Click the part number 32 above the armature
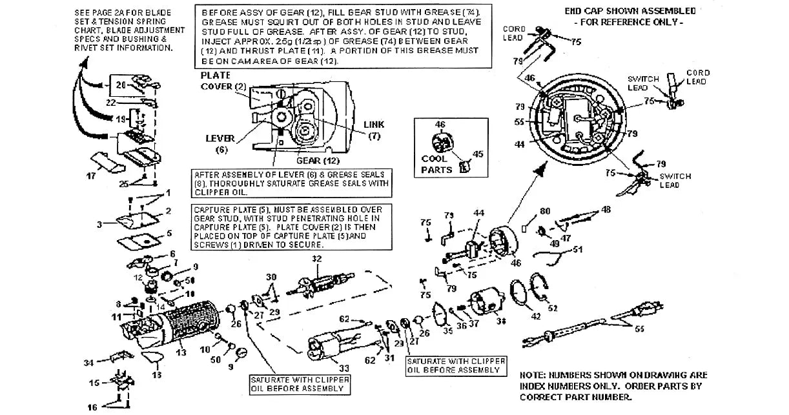pyautogui.click(x=316, y=259)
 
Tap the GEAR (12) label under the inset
pyautogui.click(x=318, y=160)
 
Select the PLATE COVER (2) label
pyautogui.click(x=223, y=81)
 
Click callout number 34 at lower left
pyautogui.click(x=89, y=363)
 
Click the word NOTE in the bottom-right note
pyautogui.click(x=533, y=375)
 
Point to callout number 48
pyautogui.click(x=606, y=209)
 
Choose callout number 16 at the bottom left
pyautogui.click(x=93, y=407)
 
